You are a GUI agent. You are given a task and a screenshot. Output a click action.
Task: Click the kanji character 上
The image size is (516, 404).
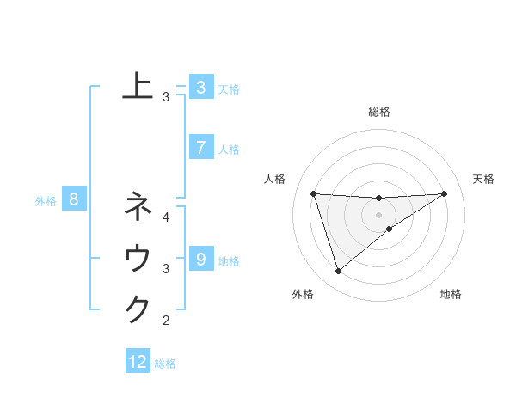[138, 86]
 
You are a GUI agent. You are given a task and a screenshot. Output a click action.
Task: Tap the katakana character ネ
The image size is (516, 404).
[138, 206]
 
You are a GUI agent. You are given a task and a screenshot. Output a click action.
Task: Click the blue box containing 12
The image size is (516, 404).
[138, 362]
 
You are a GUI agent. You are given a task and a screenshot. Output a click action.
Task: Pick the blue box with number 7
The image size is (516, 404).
[200, 148]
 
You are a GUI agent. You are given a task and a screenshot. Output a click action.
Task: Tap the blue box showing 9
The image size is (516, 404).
[200, 259]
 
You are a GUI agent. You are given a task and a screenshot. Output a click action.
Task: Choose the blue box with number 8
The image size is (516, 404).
[74, 200]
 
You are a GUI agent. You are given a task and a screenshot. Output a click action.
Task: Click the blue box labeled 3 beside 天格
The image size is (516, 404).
[200, 88]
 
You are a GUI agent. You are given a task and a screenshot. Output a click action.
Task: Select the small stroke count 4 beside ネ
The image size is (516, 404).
[166, 217]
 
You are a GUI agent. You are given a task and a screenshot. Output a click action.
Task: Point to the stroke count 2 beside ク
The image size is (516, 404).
[166, 321]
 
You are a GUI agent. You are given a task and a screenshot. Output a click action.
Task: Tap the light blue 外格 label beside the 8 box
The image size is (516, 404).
[46, 201]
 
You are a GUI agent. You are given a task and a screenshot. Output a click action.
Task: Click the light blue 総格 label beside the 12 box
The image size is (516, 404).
[165, 364]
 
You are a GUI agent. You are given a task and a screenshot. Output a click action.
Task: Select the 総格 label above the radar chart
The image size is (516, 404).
[378, 112]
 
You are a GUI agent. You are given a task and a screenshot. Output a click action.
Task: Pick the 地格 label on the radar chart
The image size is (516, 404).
[451, 294]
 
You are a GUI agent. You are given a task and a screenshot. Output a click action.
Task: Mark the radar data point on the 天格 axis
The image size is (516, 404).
[445, 193]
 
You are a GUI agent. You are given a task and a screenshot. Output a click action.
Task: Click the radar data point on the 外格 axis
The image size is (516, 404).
[338, 272]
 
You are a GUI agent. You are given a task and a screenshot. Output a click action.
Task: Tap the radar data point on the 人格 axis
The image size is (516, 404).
[313, 193]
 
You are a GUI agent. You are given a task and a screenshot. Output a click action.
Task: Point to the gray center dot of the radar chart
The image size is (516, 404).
[378, 214]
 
